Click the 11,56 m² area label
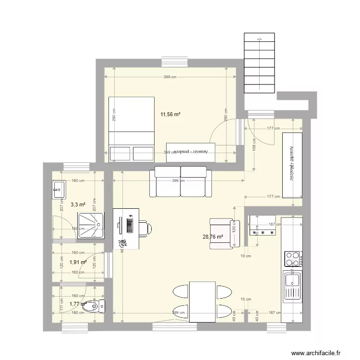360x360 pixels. pos(170,114)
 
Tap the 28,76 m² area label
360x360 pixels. pos(213,237)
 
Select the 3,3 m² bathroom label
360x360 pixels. pos(78,204)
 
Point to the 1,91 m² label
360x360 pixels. pos(78,262)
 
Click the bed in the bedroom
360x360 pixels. pos(131,129)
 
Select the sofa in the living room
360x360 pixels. pos(180,181)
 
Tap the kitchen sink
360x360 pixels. pos(292,284)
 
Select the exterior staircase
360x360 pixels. pos(259,65)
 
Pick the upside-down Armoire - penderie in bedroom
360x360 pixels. pos(191,151)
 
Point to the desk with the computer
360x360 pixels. pos(126,228)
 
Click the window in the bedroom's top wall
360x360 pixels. pos(174,62)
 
